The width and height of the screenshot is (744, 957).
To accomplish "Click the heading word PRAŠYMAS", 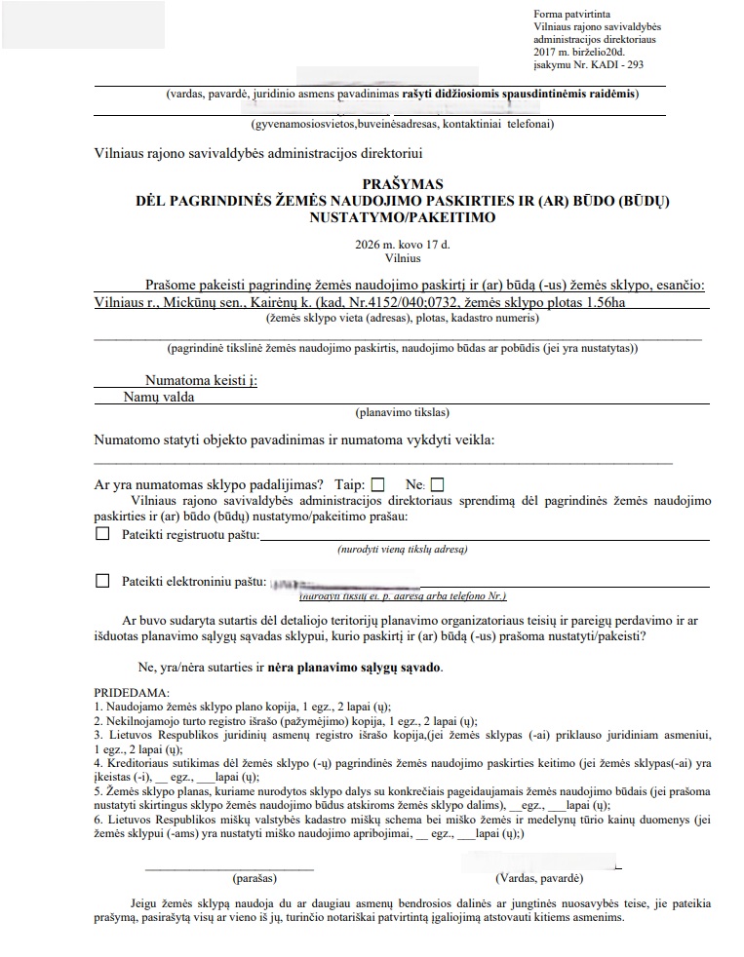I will [x=403, y=184].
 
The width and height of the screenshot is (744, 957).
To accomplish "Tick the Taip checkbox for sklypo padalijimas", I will [x=378, y=483].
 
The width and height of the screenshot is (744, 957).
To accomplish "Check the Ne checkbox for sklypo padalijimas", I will [x=437, y=483].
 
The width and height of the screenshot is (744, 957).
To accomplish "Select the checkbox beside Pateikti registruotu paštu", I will [x=102, y=534].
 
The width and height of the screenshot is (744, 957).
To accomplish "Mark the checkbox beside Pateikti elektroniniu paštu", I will [x=102, y=581].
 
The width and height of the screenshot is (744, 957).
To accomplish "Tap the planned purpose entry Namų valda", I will [x=159, y=398].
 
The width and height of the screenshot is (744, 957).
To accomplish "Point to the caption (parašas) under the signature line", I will [x=231, y=878].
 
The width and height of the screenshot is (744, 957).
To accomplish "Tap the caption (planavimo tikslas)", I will [x=403, y=412].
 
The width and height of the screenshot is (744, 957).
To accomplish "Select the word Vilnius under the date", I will [x=403, y=259].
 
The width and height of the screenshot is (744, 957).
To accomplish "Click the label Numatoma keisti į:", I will [x=201, y=381].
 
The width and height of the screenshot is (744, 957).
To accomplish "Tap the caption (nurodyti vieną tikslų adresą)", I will [x=403, y=551].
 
